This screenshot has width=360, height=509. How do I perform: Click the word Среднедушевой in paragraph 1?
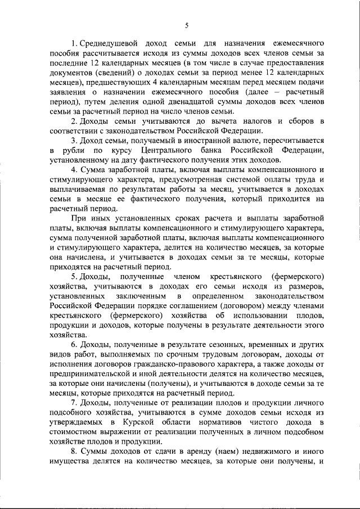click(107, 43)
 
